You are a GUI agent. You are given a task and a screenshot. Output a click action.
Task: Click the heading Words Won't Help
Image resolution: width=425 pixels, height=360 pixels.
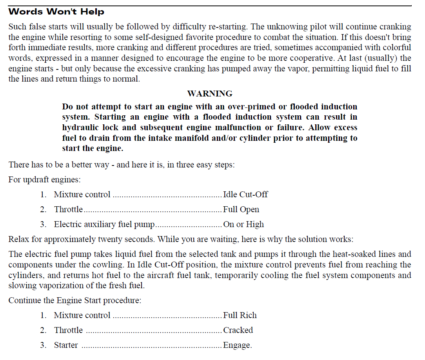click(x=56, y=12)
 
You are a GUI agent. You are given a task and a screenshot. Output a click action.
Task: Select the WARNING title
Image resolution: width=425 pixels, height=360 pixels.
click(x=210, y=94)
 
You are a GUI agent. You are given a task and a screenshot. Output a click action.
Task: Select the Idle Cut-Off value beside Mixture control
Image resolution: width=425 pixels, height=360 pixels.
click(x=245, y=195)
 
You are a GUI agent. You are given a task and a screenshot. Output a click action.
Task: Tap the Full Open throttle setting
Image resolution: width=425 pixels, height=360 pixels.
click(x=241, y=209)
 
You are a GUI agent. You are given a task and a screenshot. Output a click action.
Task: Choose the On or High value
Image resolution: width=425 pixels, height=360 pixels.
click(x=243, y=224)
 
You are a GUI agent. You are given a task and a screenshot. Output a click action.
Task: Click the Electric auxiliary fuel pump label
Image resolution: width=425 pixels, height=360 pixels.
click(x=105, y=224)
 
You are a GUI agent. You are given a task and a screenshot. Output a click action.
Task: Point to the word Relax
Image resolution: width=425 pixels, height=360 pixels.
click(x=18, y=239)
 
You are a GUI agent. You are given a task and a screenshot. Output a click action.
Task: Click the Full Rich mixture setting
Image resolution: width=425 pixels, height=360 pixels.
click(x=240, y=315)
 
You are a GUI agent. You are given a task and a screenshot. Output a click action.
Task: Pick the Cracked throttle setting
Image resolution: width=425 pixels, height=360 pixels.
click(x=238, y=330)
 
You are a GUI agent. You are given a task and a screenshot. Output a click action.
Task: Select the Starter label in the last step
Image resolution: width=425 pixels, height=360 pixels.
click(x=66, y=345)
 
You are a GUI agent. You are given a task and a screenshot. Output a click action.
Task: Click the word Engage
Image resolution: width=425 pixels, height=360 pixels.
click(x=237, y=345)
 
